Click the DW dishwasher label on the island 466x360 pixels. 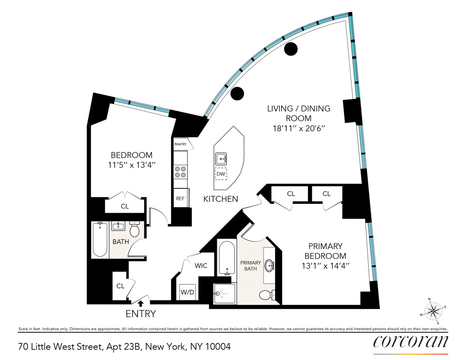tap(221, 174)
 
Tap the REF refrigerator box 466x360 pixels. tap(180, 198)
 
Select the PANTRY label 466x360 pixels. tap(180, 144)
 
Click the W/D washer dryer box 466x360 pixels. tap(187, 292)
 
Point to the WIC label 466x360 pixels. tap(201, 266)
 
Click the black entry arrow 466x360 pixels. tap(141, 303)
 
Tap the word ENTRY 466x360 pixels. tap(141, 314)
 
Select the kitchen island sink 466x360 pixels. tap(221, 158)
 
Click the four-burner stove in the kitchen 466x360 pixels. tap(180, 172)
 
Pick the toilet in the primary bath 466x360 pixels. tap(266, 295)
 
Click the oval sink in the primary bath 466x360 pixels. tap(269, 266)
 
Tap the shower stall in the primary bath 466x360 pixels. tap(224, 294)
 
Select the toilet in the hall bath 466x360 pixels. tap(135, 229)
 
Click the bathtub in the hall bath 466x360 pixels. tap(100, 239)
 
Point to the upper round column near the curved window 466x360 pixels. tap(291, 49)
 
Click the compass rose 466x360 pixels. tap(433, 311)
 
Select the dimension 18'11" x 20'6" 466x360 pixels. tap(299, 128)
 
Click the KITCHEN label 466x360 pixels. tap(221, 199)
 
